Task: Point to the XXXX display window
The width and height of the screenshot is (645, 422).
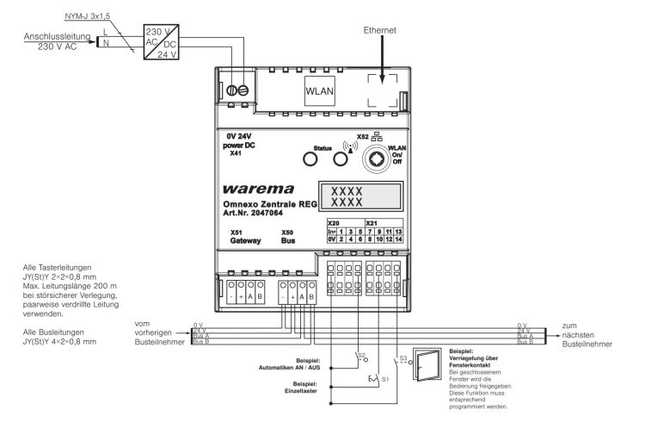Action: pos(347,195)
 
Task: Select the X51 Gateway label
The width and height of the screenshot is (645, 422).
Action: pos(243,237)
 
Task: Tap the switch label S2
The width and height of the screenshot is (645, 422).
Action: pos(362,330)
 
